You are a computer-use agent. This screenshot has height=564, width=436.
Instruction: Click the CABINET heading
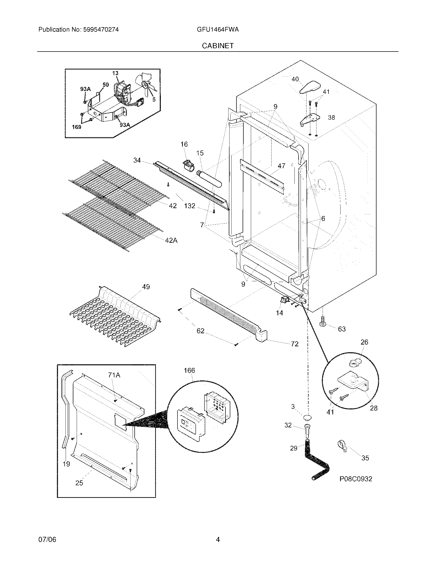[x=218, y=46]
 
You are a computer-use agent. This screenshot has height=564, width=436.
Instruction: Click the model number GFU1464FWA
[x=218, y=29]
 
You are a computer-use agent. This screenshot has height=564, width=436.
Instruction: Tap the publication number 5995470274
[x=101, y=29]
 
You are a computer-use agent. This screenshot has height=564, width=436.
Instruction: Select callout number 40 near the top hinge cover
[x=295, y=79]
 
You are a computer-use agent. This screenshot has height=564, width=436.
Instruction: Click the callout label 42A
[x=171, y=240]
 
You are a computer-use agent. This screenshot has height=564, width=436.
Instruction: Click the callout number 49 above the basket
[x=146, y=287]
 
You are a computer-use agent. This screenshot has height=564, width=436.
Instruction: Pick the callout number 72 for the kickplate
[x=294, y=344]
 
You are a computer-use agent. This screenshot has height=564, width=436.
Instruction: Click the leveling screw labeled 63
[x=322, y=321]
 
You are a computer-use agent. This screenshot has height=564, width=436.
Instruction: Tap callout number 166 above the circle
[x=189, y=370]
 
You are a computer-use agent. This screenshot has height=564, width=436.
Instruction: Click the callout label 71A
[x=114, y=375]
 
